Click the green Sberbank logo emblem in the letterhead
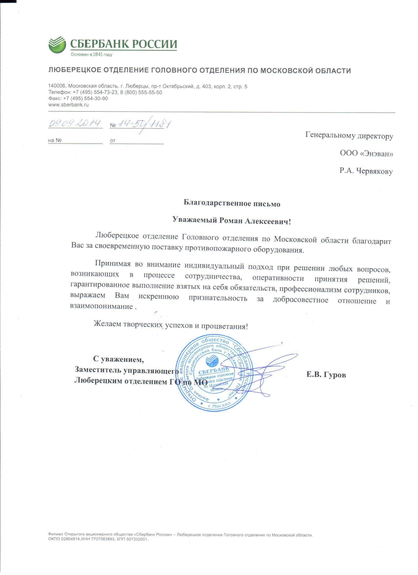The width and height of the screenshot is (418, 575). (57, 45)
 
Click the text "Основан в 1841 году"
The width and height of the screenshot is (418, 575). (91, 55)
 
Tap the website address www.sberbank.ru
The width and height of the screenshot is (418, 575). (68, 105)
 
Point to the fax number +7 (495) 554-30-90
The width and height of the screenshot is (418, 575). (85, 99)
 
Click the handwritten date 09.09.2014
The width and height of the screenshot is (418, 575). (75, 124)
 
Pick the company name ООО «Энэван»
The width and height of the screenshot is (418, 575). (366, 153)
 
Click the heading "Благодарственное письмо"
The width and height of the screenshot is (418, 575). (232, 203)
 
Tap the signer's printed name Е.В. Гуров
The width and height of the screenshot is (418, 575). (326, 375)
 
